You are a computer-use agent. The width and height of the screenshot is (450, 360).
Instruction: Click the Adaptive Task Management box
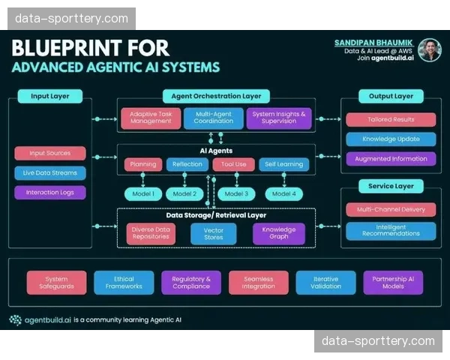(151, 118)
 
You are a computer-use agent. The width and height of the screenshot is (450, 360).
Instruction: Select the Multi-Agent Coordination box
(214, 118)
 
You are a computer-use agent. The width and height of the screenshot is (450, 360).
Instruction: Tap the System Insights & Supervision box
(278, 118)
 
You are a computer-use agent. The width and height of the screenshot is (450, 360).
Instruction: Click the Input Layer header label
(51, 96)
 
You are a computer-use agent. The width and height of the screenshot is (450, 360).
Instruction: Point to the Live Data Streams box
(49, 172)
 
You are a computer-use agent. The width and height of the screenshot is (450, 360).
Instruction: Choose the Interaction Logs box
(49, 192)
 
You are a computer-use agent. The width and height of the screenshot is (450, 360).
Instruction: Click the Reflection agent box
(187, 164)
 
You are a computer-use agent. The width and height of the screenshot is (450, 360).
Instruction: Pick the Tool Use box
(234, 164)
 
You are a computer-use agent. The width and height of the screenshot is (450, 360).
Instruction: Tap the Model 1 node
(142, 193)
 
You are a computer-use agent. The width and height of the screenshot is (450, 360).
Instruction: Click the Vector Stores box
(214, 233)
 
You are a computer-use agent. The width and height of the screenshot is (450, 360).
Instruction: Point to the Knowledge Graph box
(278, 233)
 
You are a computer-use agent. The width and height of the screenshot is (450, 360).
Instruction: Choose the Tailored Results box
(391, 119)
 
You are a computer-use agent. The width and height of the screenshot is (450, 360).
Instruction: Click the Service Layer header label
(391, 186)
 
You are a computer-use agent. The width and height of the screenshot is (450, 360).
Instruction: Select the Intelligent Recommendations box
(391, 230)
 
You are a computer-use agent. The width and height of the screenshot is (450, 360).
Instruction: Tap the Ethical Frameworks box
(124, 282)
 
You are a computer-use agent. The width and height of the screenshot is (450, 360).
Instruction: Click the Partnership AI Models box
(393, 282)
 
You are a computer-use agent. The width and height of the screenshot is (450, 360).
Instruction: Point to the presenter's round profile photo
(429, 49)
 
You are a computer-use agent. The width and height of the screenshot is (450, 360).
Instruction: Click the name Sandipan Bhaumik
(373, 43)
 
